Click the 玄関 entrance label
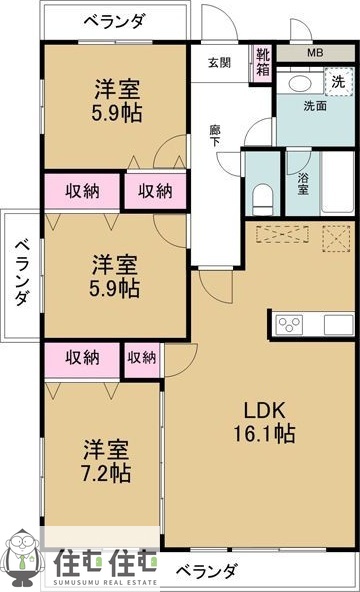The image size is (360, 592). click(x=219, y=62)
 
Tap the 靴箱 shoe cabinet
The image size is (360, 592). click(x=263, y=62)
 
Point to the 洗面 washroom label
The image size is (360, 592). click(x=314, y=106)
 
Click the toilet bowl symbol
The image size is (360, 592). click(x=263, y=197)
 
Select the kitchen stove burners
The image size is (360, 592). click(x=290, y=324)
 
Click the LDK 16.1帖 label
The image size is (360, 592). click(x=266, y=421)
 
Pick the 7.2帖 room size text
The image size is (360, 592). click(x=106, y=470)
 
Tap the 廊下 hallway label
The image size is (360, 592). click(x=216, y=135)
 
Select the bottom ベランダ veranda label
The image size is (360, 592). click(x=207, y=570)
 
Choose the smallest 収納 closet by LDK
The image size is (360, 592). click(x=142, y=357)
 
